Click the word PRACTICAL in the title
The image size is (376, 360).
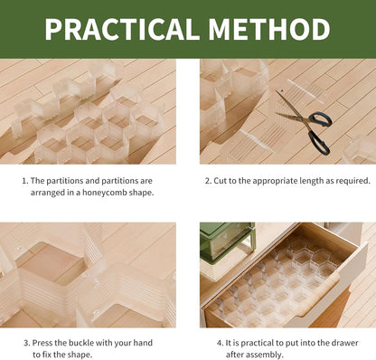click(122, 29)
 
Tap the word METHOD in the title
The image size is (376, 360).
click(269, 29)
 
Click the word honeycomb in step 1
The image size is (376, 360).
click(105, 193)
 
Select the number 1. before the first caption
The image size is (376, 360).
click(25, 181)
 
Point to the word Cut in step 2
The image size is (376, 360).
click(219, 181)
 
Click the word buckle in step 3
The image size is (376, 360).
click(80, 343)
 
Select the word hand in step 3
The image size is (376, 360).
click(143, 343)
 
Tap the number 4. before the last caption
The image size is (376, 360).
click(221, 343)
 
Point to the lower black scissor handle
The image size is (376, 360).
click(319, 144)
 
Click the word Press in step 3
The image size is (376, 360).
click(42, 343)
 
